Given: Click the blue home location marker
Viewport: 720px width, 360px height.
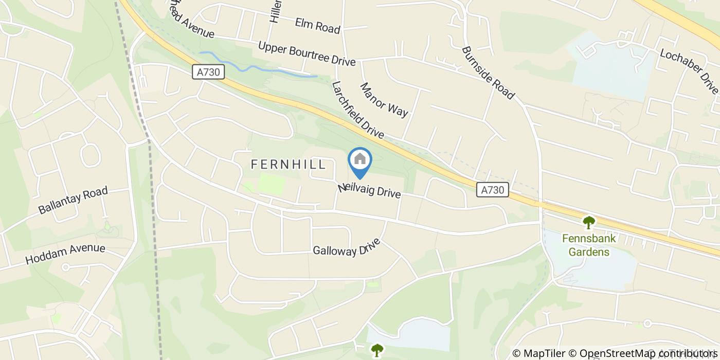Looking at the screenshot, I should (360, 161).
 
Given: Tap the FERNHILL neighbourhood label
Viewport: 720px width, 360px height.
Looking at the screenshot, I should (288, 165).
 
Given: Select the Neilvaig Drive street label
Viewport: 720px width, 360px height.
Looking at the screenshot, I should (369, 190).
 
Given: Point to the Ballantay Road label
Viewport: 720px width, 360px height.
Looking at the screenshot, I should (73, 201).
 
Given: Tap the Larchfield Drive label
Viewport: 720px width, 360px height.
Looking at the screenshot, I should (358, 110).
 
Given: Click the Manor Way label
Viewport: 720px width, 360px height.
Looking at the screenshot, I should (384, 100).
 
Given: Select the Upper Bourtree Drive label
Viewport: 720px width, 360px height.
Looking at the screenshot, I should (307, 54).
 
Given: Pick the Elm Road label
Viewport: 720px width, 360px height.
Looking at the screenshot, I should (318, 26).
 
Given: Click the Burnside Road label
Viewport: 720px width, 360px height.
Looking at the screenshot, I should (488, 73).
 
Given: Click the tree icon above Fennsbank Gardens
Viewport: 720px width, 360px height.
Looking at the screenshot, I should (588, 223).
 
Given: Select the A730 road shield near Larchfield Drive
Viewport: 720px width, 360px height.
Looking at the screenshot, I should (210, 72).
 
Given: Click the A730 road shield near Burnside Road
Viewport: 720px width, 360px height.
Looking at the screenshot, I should (492, 190).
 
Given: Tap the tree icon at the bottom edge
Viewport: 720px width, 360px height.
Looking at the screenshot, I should (377, 350).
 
